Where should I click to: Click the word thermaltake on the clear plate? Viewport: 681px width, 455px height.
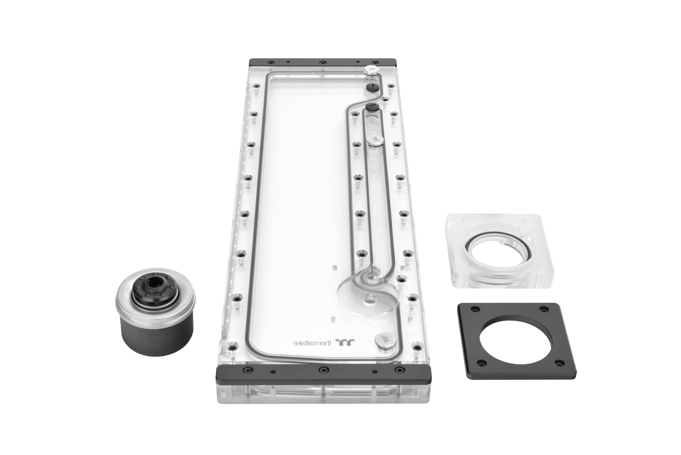tap(312, 343)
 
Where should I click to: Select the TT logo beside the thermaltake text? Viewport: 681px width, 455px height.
tap(345, 342)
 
